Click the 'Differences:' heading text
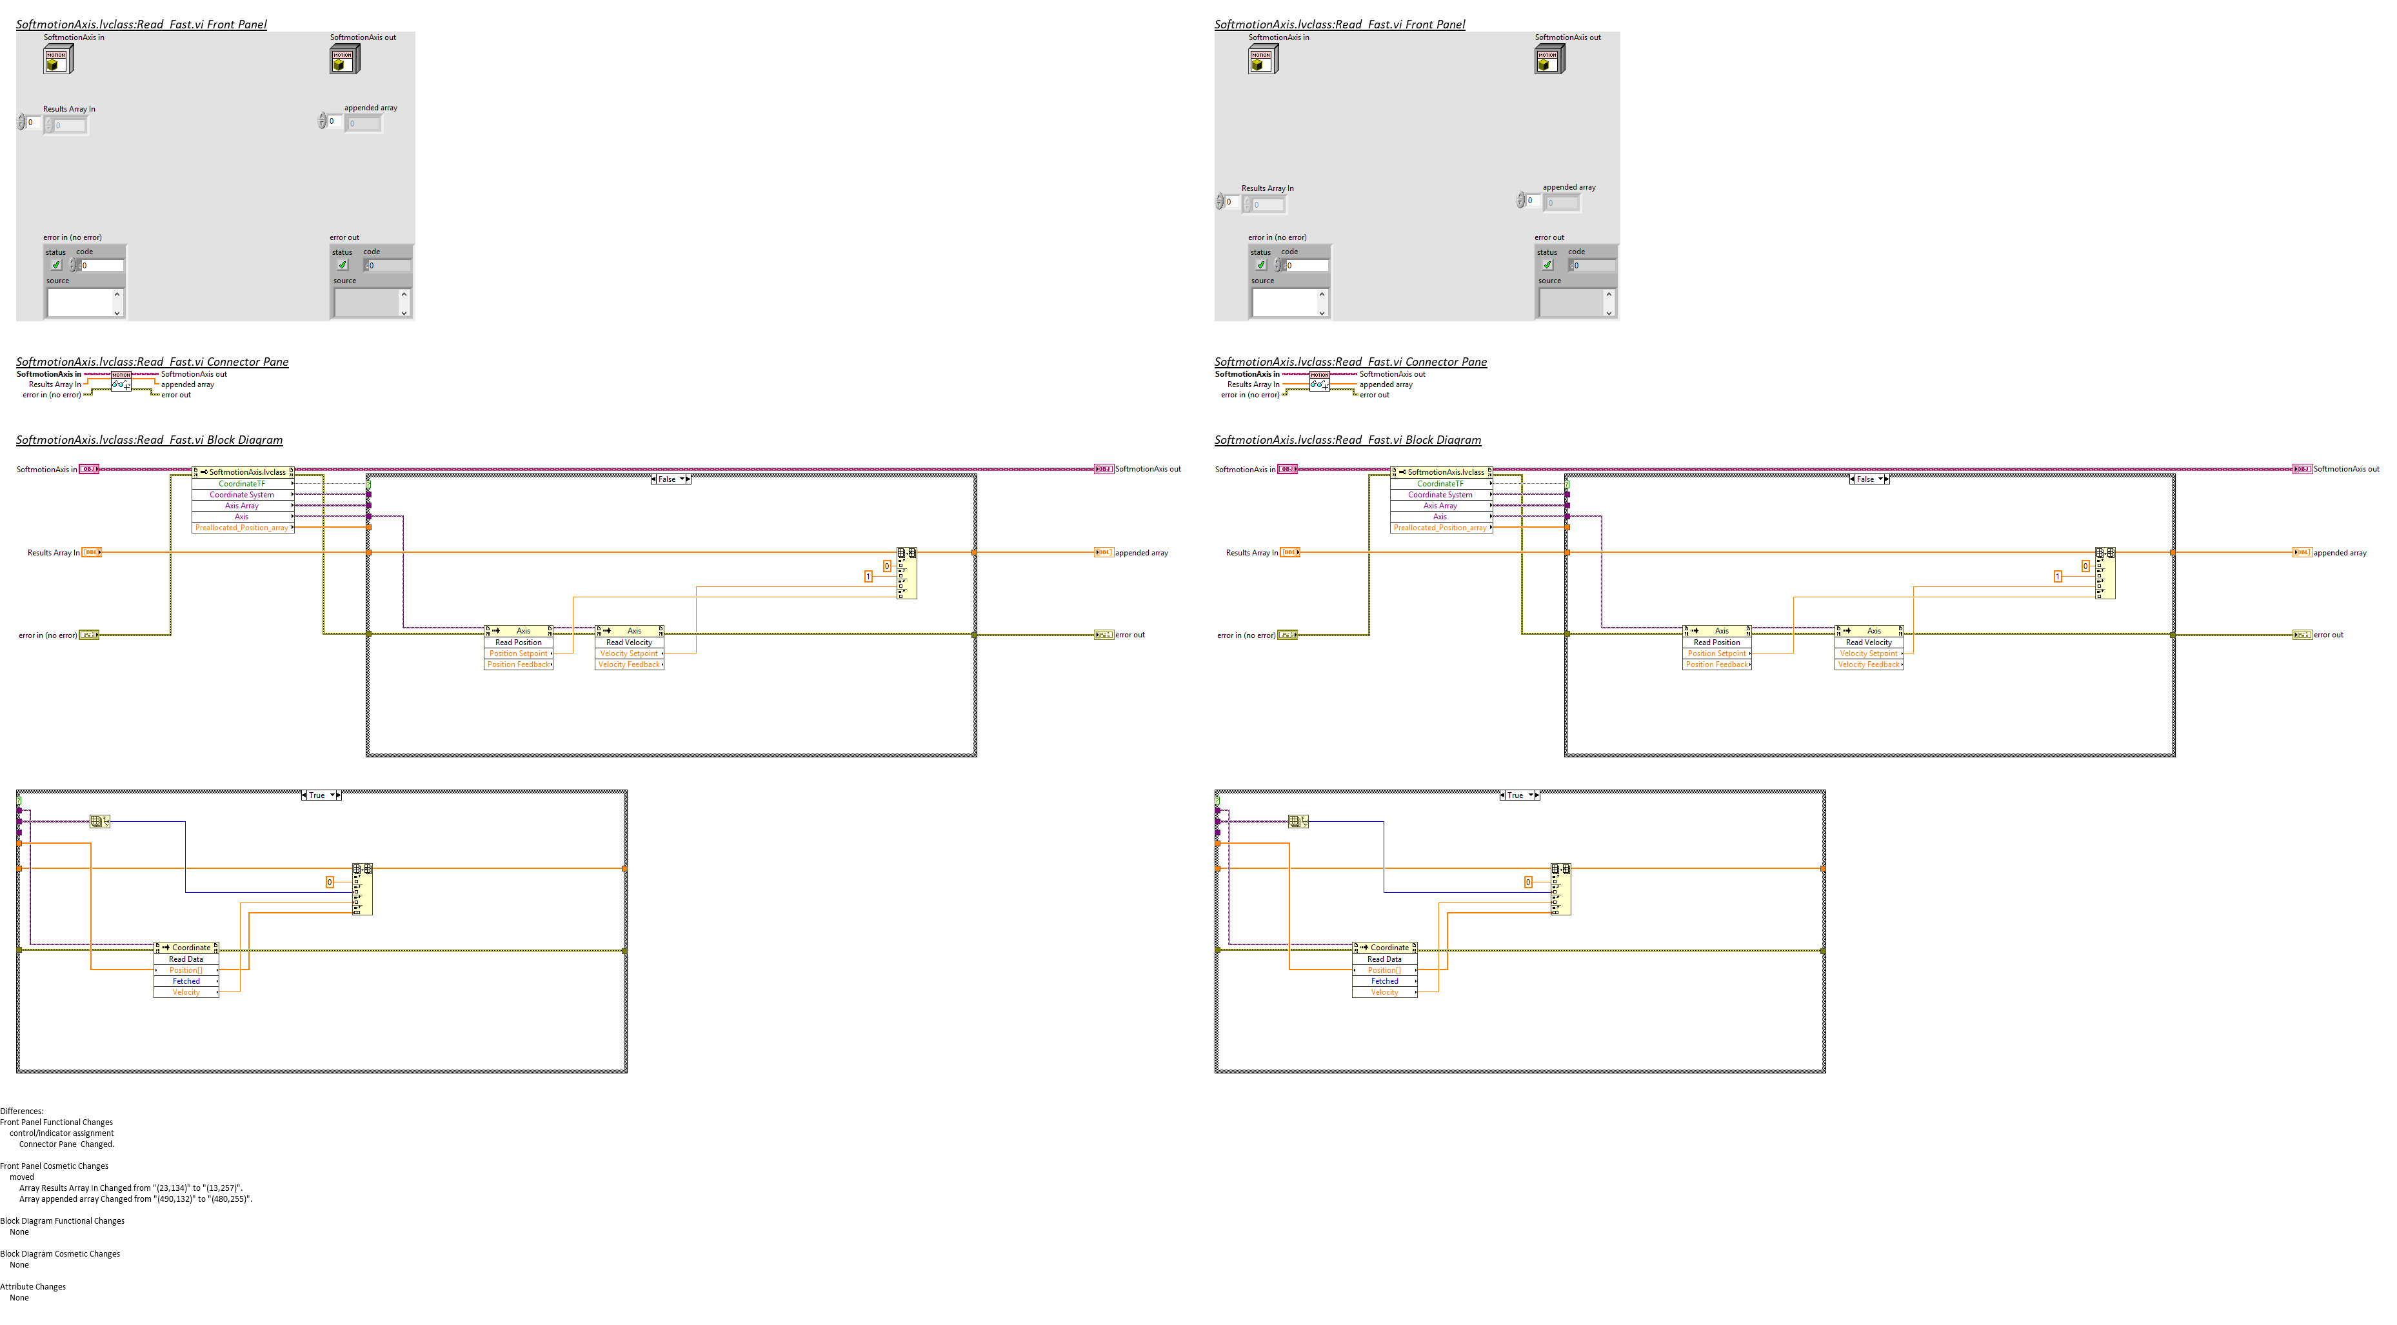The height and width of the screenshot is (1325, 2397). (x=21, y=1111)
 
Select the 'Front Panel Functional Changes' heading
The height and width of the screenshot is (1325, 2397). (x=57, y=1122)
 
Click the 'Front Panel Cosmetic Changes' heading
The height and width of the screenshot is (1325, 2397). (x=54, y=1166)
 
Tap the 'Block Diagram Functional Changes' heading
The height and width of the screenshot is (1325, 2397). (x=63, y=1220)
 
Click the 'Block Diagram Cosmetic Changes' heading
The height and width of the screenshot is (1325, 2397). (x=59, y=1254)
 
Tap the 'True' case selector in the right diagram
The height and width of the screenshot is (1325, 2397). (x=1517, y=795)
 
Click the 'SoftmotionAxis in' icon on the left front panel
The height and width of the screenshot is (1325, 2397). (x=57, y=59)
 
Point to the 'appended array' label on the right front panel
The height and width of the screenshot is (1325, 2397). (x=1569, y=187)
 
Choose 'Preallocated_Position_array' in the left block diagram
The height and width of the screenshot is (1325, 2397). (x=241, y=528)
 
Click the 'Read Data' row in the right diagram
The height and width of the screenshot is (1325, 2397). (x=1385, y=959)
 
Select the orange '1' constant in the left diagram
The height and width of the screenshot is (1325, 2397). (x=868, y=577)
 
